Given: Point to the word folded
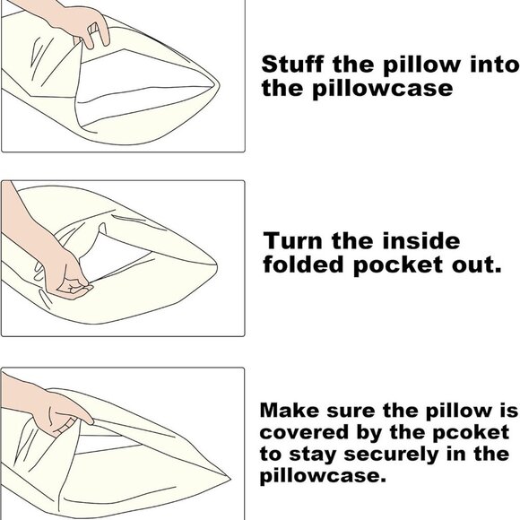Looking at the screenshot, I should coord(305,266).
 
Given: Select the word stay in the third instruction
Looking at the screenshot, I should coord(315,455).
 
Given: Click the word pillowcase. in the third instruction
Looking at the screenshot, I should coord(324,477).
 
